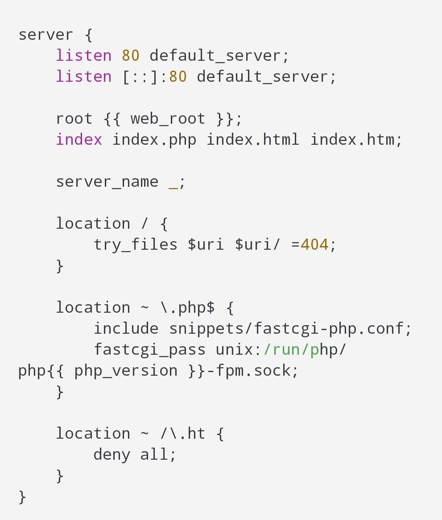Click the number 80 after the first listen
[130, 56]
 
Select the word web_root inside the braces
[168, 119]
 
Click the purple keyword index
[78, 140]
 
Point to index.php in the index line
[154, 140]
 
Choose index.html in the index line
[253, 140]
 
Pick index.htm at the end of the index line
[352, 140]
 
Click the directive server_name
[107, 182]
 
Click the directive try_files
[135, 245]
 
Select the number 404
[314, 245]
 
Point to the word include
[126, 329]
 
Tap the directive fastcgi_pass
[149, 350]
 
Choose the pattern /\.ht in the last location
[182, 434]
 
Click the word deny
[112, 455]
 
